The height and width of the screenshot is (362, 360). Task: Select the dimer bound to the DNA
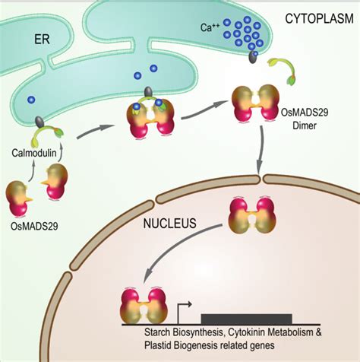(x=142, y=305)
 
